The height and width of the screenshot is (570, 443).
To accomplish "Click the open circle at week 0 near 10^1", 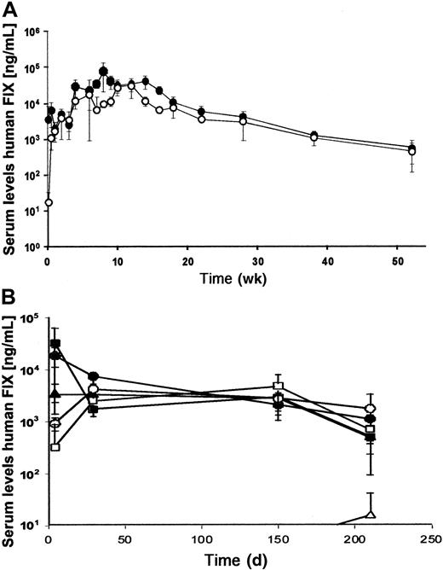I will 48,202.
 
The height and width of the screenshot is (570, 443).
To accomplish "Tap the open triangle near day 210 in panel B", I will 370,514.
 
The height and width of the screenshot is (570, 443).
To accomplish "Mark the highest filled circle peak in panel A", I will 104,71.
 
